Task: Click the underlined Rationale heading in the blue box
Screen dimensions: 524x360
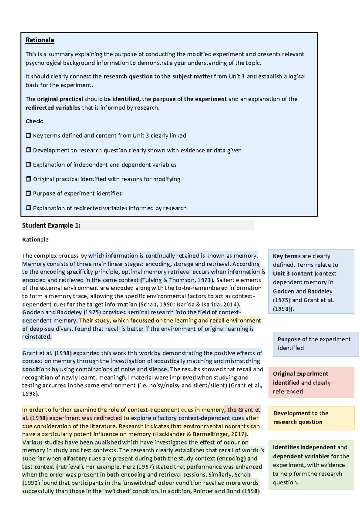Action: pyautogui.click(x=40, y=40)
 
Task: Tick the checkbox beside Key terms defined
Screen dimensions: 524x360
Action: pyautogui.click(x=28, y=136)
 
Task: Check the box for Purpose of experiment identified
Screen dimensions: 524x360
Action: pyautogui.click(x=28, y=193)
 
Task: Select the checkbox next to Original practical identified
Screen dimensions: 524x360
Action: pyautogui.click(x=28, y=179)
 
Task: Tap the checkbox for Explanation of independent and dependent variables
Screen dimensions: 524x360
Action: pyautogui.click(x=28, y=165)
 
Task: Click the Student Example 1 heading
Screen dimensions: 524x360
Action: pyautogui.click(x=51, y=226)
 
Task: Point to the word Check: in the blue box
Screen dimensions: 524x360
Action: pyautogui.click(x=34, y=121)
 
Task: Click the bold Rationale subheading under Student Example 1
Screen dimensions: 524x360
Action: pyautogui.click(x=35, y=240)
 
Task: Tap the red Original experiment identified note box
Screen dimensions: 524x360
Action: pyautogui.click(x=311, y=382)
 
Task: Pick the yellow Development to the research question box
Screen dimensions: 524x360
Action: pyautogui.click(x=311, y=418)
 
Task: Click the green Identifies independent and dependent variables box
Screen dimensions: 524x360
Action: pyautogui.click(x=311, y=465)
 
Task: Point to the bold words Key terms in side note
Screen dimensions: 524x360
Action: pyautogui.click(x=286, y=256)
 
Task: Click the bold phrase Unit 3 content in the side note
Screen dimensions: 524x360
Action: pyautogui.click(x=292, y=274)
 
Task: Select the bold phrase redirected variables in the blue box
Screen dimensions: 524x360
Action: pyautogui.click(x=53, y=108)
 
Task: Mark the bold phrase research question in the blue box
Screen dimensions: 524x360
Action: pyautogui.click(x=128, y=76)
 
